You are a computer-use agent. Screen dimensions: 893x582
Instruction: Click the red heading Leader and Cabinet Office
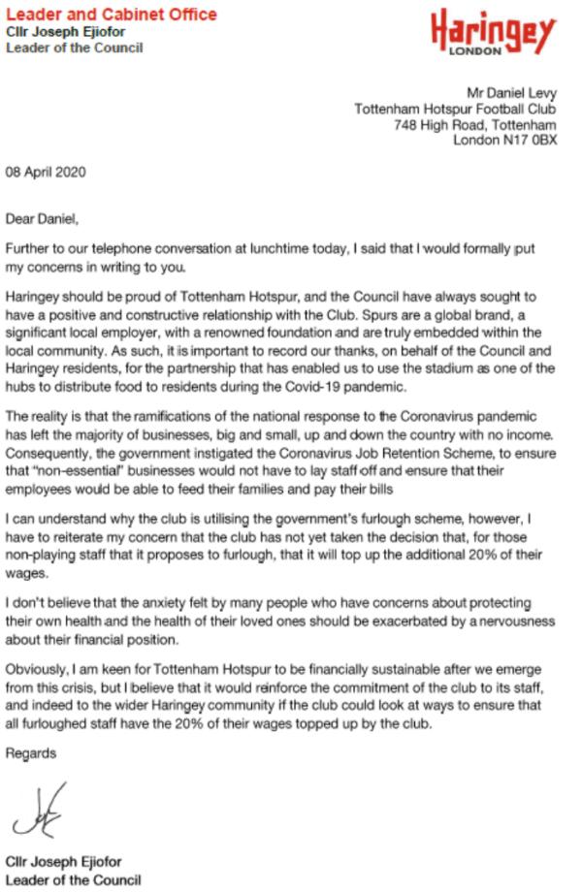[x=112, y=15]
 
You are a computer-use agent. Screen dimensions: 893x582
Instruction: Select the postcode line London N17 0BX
[x=505, y=140]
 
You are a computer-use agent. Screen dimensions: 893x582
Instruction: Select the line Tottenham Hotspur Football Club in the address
[x=456, y=109]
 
